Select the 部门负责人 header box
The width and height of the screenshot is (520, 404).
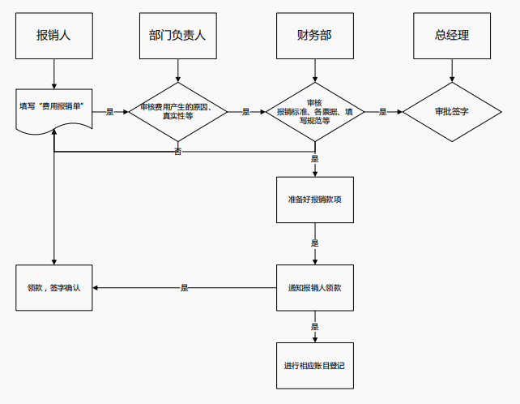pos(177,36)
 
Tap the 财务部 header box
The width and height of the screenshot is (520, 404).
pos(314,36)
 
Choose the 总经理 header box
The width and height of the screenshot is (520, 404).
pos(452,36)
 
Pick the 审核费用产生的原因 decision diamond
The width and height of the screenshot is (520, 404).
pos(177,112)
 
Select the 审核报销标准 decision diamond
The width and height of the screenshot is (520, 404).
pos(314,112)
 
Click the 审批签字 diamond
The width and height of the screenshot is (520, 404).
pos(452,112)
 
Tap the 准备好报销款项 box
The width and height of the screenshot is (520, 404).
pos(314,200)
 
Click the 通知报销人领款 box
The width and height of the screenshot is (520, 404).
pos(314,287)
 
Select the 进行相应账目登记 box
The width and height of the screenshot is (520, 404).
pos(314,366)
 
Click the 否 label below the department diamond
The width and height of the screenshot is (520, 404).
pos(177,152)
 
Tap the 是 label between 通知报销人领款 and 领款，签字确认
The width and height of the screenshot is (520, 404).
pos(184,287)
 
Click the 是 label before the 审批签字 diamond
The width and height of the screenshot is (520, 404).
pos(383,112)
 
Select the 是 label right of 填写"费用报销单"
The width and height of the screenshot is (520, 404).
pos(109,112)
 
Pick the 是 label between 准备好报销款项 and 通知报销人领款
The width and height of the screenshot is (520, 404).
pos(314,243)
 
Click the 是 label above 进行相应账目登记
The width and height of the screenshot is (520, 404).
pos(314,327)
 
